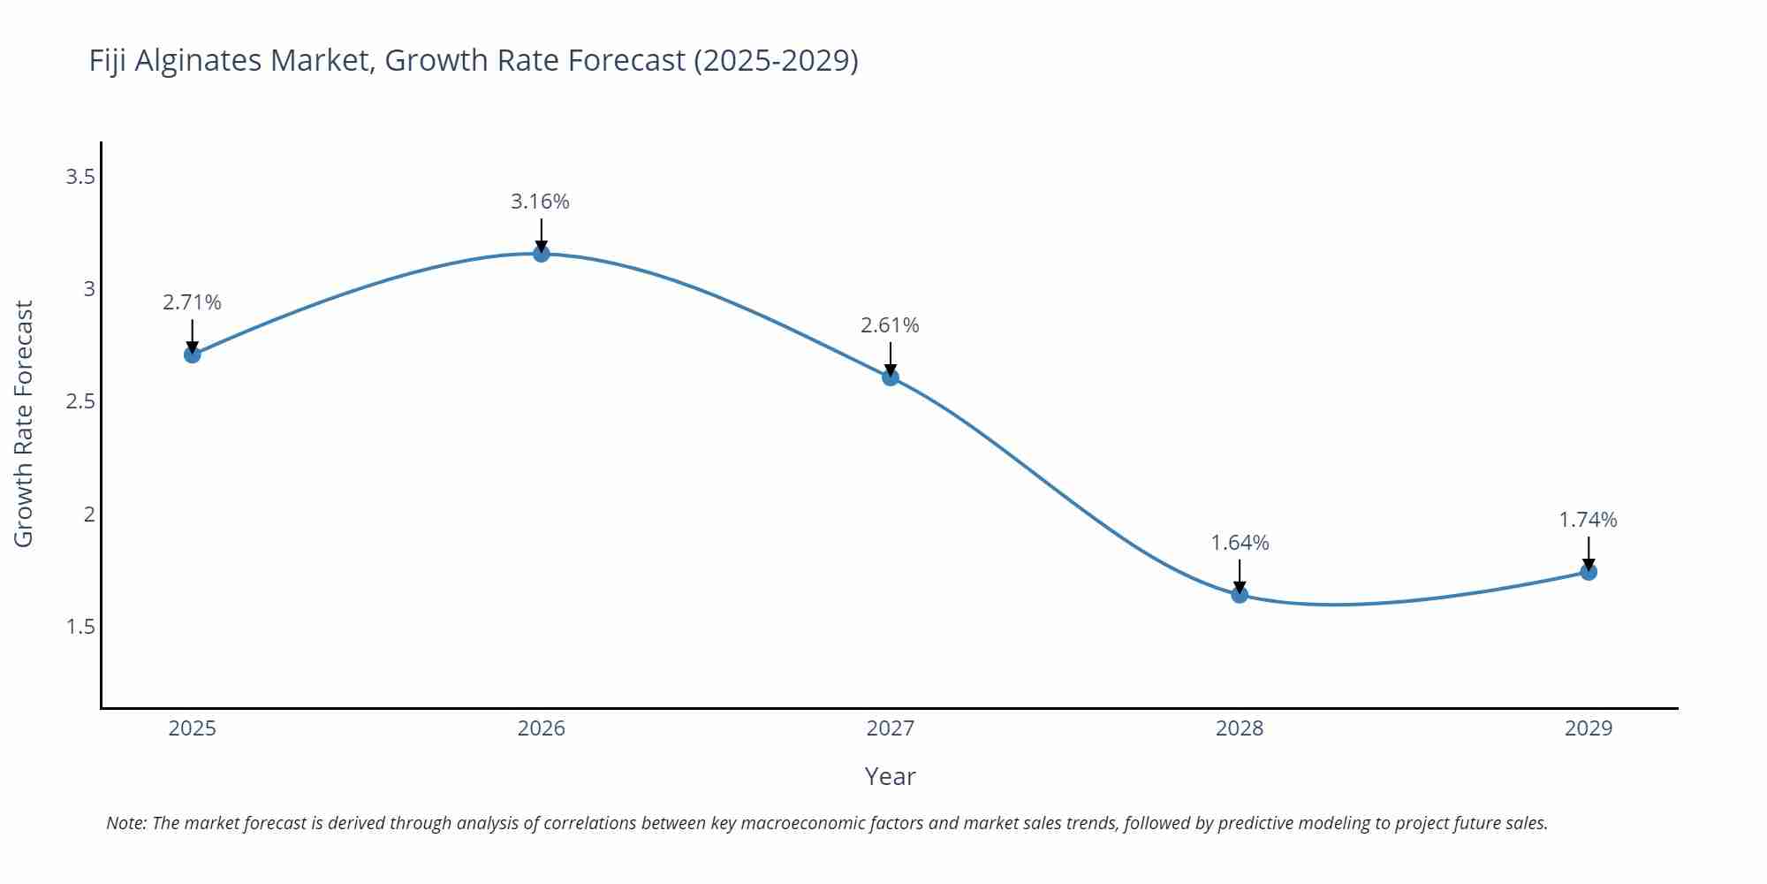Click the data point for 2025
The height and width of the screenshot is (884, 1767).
pos(193,354)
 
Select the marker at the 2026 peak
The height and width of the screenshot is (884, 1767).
pos(542,254)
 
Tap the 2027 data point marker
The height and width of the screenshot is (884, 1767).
pos(891,377)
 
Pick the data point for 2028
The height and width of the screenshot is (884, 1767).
pos(1240,595)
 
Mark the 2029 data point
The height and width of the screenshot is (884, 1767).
pos(1589,572)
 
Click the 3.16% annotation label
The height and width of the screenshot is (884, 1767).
pos(540,202)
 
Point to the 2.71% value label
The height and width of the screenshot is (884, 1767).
pos(192,302)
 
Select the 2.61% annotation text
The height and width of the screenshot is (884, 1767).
pos(890,325)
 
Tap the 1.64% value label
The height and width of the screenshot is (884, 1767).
pos(1240,543)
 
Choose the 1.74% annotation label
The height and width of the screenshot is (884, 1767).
pos(1588,520)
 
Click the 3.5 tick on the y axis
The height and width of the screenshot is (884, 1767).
pos(80,177)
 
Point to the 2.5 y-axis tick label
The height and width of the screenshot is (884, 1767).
pos(80,401)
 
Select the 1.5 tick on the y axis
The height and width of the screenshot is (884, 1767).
pos(80,627)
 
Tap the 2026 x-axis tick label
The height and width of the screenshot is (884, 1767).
pos(542,728)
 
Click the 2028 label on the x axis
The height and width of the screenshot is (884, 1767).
pos(1240,728)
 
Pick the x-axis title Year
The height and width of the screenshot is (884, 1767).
pos(890,776)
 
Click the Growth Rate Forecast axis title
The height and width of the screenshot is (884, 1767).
pos(24,423)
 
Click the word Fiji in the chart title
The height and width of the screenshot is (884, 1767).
pos(108,60)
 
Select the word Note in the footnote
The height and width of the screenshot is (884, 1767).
pos(125,823)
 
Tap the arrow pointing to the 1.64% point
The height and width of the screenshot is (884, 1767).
pos(1240,575)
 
